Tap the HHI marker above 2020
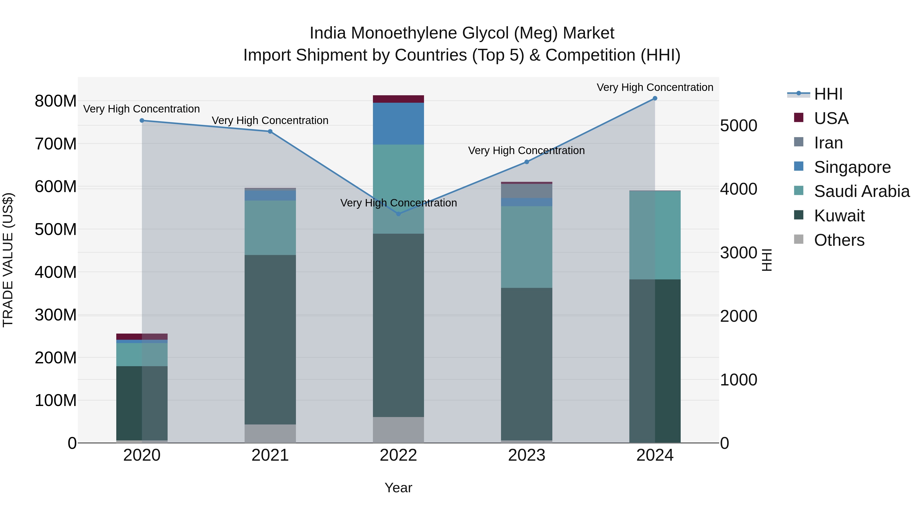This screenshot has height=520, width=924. click(142, 121)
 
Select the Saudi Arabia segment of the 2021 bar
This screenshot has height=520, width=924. click(270, 228)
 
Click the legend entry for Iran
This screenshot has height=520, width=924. click(828, 143)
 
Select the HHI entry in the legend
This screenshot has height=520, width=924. click(828, 94)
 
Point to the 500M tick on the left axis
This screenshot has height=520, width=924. click(56, 229)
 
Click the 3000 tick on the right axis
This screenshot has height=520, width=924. click(738, 253)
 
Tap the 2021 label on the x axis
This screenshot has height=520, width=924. click(270, 455)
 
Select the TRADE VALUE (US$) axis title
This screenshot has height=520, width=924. click(8, 260)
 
